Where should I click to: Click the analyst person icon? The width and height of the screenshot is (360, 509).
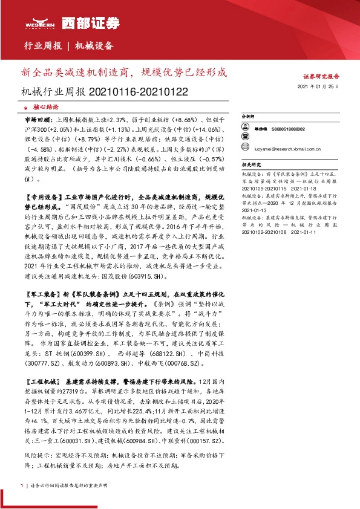coord(245,129)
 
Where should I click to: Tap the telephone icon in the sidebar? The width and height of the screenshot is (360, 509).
coord(245,138)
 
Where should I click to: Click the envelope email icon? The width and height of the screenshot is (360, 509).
coord(245,148)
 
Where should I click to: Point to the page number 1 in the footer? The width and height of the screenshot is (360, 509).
coord(22,485)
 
